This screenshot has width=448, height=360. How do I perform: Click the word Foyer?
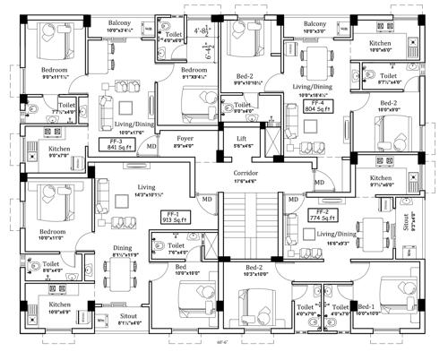click(x=184, y=139)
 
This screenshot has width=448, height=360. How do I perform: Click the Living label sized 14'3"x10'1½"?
click(x=135, y=189)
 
